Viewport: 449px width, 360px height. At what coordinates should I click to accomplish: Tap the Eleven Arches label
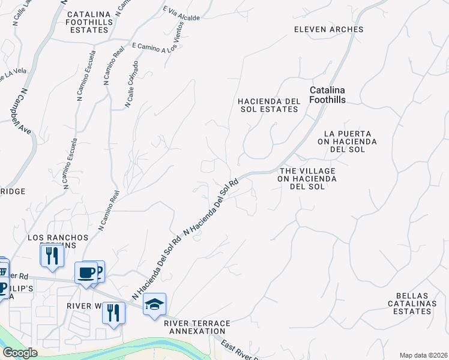pos(329,29)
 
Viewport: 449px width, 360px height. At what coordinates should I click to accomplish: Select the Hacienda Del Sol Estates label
pos(268,105)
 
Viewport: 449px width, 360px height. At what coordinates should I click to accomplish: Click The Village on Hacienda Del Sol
pos(307,179)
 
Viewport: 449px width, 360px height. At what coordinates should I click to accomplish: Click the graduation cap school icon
pos(154,304)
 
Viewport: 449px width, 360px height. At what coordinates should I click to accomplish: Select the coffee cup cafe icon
pos(86,272)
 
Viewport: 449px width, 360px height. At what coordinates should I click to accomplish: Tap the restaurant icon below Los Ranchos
pos(52,256)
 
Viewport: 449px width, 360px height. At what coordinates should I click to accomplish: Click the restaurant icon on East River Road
pos(112,312)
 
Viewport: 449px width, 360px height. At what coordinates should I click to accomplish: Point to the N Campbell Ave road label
pos(26,112)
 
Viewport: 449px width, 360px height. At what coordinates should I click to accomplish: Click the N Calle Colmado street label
pos(132,84)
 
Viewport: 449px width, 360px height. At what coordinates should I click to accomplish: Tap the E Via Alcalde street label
pos(181,14)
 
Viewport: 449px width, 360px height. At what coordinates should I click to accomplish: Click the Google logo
pos(20,353)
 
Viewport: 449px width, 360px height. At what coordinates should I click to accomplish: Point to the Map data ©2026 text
pos(423,355)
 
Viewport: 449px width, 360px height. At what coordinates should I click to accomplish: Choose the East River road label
pos(240,351)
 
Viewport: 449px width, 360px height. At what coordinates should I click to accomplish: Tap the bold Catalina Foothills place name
pos(328,95)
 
